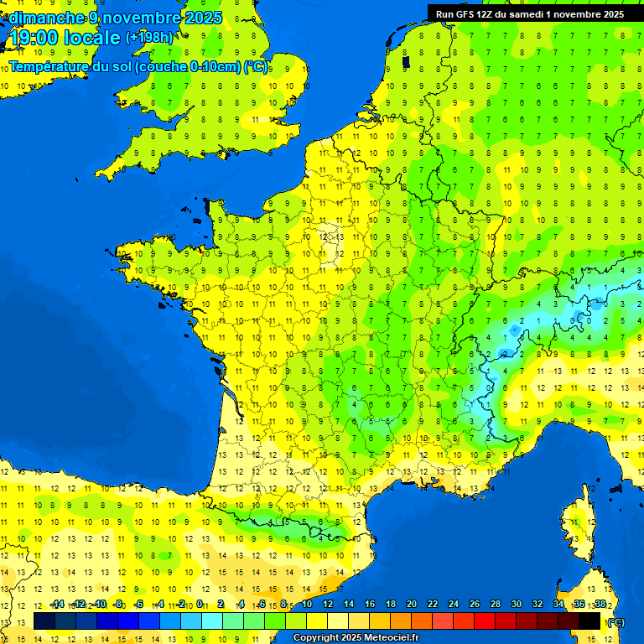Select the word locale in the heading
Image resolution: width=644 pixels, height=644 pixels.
click(91, 38)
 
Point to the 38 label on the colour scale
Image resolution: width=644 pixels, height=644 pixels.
click(600, 604)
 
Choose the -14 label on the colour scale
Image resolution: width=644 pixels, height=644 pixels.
click(57, 604)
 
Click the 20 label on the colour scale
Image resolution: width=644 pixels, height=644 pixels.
click(412, 604)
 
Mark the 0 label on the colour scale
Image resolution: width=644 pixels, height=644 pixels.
click(200, 604)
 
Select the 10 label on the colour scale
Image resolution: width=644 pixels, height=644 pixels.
click(307, 604)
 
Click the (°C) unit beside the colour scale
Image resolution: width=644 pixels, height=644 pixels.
click(616, 621)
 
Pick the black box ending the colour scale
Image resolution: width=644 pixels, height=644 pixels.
click(589, 621)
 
